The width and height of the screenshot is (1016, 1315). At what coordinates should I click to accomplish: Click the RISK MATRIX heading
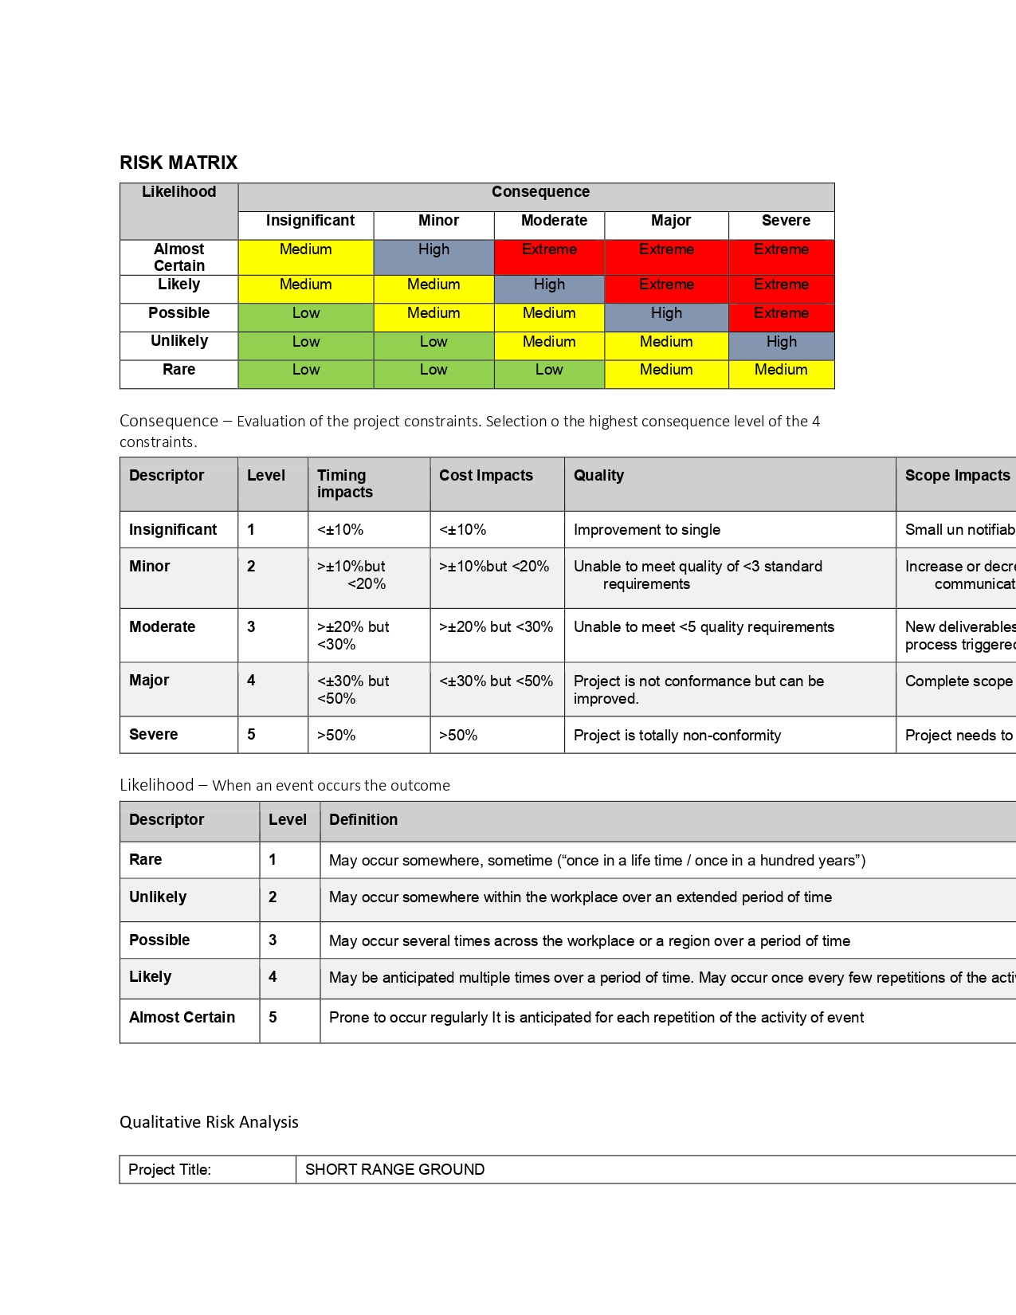[178, 163]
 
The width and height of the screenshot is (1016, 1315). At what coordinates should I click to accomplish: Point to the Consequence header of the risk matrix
[540, 192]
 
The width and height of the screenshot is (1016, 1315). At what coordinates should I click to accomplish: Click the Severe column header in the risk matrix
[786, 221]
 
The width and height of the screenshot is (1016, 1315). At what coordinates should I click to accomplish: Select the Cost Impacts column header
[486, 476]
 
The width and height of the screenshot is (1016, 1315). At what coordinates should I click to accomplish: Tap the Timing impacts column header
[345, 484]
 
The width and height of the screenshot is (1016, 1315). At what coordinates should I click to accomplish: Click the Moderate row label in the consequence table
[162, 627]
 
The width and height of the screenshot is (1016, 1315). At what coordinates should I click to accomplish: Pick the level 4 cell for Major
[251, 681]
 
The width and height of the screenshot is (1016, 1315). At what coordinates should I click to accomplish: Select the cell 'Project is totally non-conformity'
[677, 736]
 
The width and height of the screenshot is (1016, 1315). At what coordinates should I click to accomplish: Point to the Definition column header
[363, 820]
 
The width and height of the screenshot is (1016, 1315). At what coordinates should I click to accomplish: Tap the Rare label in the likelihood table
[146, 860]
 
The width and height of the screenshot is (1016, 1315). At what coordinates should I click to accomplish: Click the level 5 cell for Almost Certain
[273, 1018]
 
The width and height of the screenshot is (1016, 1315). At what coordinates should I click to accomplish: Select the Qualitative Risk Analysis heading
[209, 1122]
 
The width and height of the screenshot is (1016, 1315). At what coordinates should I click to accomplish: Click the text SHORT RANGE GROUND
[394, 1170]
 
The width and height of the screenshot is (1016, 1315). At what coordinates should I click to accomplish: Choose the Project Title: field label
[170, 1170]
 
